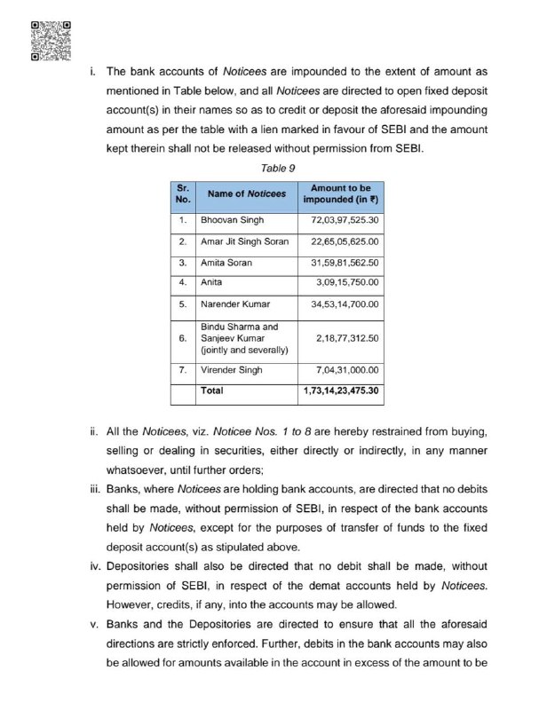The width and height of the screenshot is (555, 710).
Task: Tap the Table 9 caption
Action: [278, 167]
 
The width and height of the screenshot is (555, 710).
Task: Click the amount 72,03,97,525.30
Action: [341, 219]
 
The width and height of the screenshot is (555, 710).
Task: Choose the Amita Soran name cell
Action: [226, 263]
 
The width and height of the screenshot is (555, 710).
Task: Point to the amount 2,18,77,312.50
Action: [347, 338]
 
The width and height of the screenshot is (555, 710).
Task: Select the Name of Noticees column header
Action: [247, 193]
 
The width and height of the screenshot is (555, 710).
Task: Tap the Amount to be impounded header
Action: [341, 193]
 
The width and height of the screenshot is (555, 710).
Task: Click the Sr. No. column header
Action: [183, 193]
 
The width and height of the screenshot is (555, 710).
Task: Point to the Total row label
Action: [212, 390]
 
